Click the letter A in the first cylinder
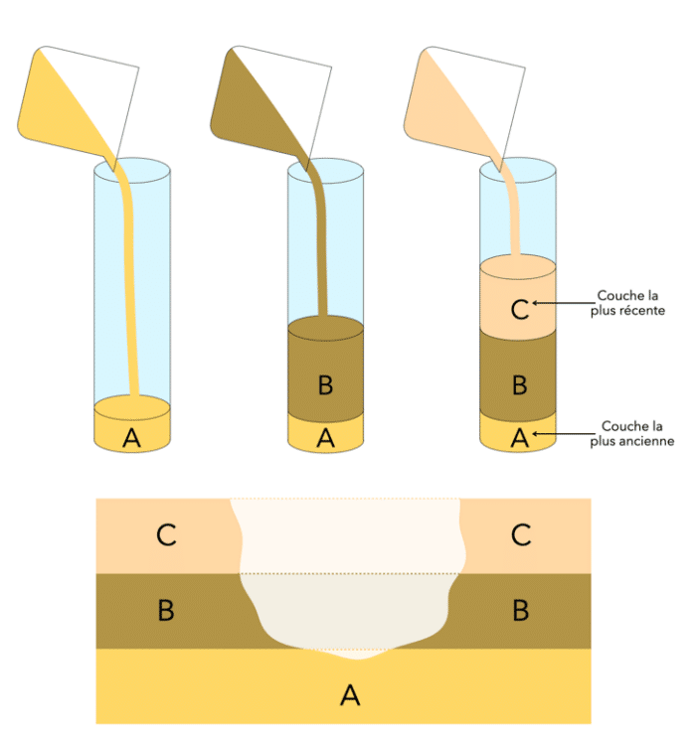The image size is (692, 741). (x=131, y=438)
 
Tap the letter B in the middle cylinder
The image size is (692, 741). (x=325, y=385)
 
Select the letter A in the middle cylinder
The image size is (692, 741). (x=325, y=438)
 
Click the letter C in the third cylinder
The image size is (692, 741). (x=518, y=308)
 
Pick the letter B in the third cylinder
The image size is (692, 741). (x=518, y=383)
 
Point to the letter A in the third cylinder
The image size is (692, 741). (x=518, y=436)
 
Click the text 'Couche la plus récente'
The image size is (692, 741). (x=631, y=303)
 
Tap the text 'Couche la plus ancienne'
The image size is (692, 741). (x=631, y=433)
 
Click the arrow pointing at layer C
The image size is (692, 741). (x=562, y=302)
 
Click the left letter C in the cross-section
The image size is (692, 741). (x=166, y=535)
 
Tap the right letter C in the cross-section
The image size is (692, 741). (x=520, y=535)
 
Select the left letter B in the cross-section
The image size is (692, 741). (x=166, y=610)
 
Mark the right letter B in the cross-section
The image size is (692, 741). (x=520, y=610)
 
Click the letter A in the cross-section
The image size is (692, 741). (x=350, y=695)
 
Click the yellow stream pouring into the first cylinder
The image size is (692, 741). (x=133, y=288)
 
